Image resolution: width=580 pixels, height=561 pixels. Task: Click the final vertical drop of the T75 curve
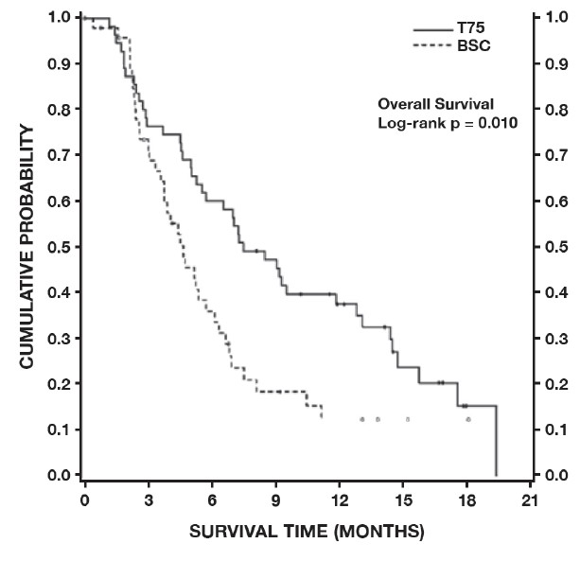point(496,441)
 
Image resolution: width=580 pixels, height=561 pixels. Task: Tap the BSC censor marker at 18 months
point(467,419)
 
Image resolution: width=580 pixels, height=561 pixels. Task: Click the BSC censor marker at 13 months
point(361,419)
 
